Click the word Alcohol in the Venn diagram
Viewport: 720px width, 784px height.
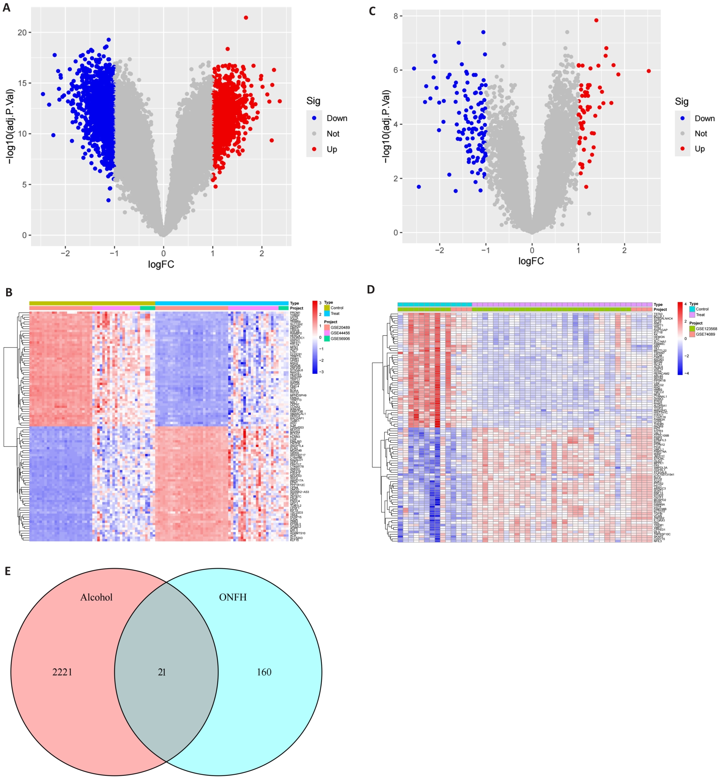(96, 597)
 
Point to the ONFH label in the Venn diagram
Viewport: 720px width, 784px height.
(233, 597)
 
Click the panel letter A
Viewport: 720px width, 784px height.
(6, 8)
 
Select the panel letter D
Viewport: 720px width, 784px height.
(371, 289)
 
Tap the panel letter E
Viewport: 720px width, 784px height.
(8, 571)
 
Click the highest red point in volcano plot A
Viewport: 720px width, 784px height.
(246, 18)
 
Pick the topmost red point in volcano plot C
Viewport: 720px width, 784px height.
(596, 20)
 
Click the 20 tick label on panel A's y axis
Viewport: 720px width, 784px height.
(22, 32)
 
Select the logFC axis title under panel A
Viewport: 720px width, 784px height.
(161, 265)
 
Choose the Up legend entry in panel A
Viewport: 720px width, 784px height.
(332, 149)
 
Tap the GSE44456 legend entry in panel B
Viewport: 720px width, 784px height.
(340, 333)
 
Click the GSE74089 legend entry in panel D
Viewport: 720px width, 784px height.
(706, 334)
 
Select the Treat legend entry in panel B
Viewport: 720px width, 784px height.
(335, 313)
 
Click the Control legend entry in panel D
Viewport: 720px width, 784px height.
(702, 309)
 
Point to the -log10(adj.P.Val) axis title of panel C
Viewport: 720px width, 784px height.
(386, 127)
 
